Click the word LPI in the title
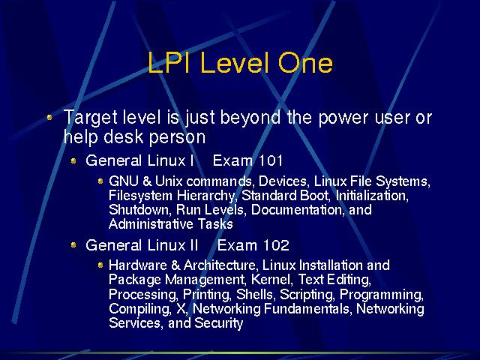coord(168,63)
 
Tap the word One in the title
coord(305,63)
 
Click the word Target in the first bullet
coord(91,118)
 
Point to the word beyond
coord(250,117)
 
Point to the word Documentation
coord(295,210)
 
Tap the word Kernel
coord(271,279)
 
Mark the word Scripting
coord(307,295)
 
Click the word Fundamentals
coord(307,308)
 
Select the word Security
coord(218,323)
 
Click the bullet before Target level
coord(49,117)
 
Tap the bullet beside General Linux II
coord(73,245)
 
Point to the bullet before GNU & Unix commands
coord(100,181)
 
